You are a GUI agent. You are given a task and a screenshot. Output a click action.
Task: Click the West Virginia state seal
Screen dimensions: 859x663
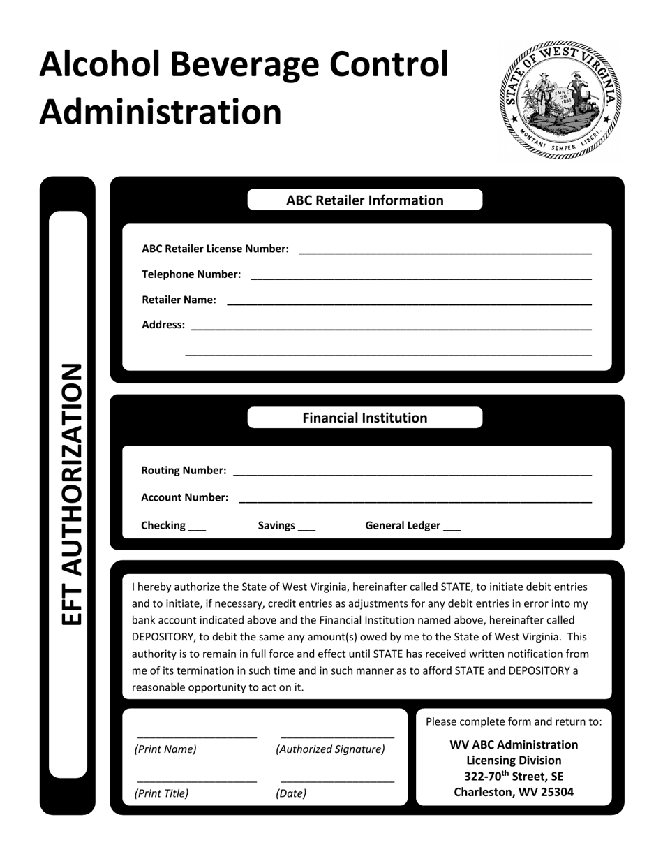pyautogui.click(x=559, y=100)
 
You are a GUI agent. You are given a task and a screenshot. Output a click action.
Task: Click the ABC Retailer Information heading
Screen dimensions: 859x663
pyautogui.click(x=364, y=200)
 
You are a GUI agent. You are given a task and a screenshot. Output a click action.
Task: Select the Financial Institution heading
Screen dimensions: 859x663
pyautogui.click(x=364, y=418)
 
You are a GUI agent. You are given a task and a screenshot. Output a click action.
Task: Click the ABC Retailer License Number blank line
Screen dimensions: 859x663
pyautogui.click(x=445, y=251)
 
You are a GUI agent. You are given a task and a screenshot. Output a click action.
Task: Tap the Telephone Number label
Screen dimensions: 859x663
pyautogui.click(x=191, y=274)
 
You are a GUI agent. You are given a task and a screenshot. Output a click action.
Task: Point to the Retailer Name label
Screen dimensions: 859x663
pyautogui.click(x=179, y=300)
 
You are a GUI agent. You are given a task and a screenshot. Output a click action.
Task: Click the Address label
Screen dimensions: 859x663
pyautogui.click(x=163, y=325)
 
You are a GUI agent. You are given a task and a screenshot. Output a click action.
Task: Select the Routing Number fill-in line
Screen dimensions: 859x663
pyautogui.click(x=412, y=474)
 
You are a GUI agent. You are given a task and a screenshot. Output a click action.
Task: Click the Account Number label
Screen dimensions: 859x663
pyautogui.click(x=184, y=497)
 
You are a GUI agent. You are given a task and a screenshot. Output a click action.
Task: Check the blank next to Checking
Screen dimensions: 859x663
pyautogui.click(x=198, y=529)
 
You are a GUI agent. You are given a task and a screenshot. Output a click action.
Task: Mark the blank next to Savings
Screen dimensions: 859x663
pyautogui.click(x=306, y=529)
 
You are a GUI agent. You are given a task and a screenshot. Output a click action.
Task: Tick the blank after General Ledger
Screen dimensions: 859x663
pyautogui.click(x=452, y=529)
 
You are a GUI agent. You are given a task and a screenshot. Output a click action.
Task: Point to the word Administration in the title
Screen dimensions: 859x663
pyautogui.click(x=161, y=111)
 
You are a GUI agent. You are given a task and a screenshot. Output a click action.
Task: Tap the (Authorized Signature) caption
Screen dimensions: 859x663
pyautogui.click(x=330, y=749)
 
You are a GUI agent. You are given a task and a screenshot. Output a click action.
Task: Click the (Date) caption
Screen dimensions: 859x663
pyautogui.click(x=291, y=793)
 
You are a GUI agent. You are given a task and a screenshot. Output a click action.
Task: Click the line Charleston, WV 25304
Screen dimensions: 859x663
pyautogui.click(x=514, y=792)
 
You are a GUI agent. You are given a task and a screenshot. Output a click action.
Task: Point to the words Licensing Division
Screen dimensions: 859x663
pyautogui.click(x=514, y=761)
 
